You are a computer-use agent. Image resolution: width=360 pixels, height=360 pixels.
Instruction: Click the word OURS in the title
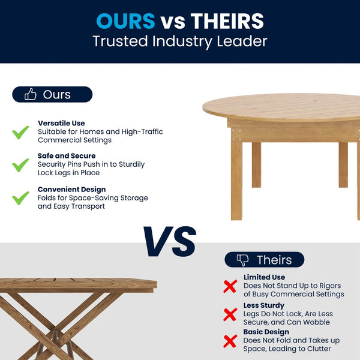click(x=125, y=21)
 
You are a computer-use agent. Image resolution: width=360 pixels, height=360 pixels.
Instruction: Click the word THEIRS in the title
click(x=227, y=21)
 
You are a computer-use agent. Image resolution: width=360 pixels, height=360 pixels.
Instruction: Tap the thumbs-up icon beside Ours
click(x=31, y=94)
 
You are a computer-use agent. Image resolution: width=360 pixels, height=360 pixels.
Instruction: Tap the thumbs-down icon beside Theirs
click(x=242, y=260)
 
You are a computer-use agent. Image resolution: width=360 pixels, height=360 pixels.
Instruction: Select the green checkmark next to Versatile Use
click(x=21, y=132)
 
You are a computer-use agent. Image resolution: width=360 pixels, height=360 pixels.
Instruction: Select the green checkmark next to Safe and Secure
click(x=21, y=164)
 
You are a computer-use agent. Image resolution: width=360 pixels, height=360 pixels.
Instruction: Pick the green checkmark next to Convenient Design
click(x=21, y=197)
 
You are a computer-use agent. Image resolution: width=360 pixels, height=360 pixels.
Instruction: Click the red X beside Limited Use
click(x=230, y=286)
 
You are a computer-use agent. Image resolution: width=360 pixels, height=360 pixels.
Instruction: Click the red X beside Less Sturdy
click(x=230, y=314)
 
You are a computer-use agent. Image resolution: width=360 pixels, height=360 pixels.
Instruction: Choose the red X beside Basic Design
click(x=230, y=341)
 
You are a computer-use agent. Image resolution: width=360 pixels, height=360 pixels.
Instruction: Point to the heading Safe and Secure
click(x=67, y=156)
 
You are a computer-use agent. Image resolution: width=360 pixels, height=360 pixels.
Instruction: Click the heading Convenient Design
click(x=71, y=190)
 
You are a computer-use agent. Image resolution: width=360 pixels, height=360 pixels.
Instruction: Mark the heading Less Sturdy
click(x=264, y=305)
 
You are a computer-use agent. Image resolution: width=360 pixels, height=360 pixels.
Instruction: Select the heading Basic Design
click(x=266, y=332)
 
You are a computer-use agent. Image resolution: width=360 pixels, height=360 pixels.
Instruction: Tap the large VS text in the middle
click(x=169, y=241)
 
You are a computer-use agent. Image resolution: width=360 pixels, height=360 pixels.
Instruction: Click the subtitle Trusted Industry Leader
click(x=180, y=42)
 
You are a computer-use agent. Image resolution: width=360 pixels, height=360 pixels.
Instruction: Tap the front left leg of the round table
click(x=236, y=180)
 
